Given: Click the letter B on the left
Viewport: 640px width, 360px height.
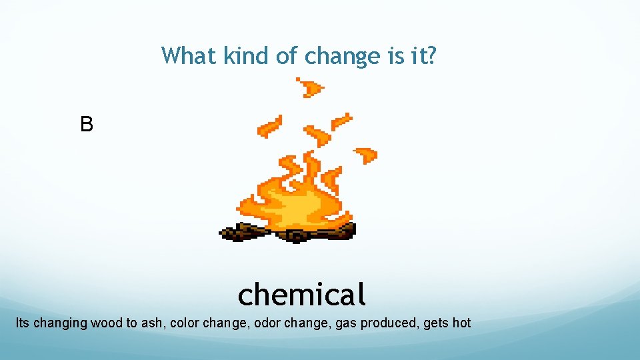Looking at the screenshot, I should click(x=87, y=124).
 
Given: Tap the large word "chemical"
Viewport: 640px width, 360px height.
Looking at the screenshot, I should click(x=301, y=293).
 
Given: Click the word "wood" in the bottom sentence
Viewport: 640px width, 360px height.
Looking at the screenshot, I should click(x=106, y=323).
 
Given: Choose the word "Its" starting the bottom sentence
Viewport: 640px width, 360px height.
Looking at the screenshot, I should click(x=23, y=323).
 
